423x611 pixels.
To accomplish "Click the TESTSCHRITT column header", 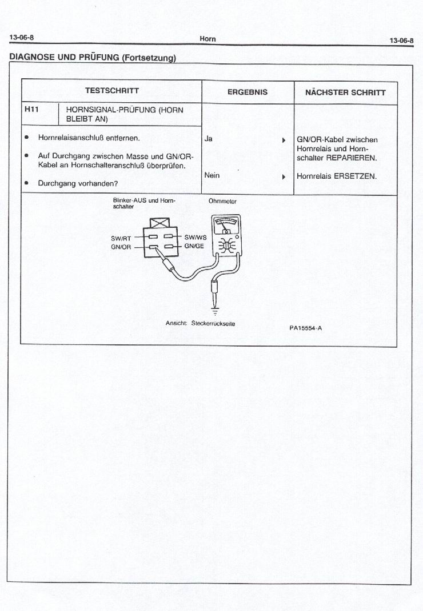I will tap(111, 91).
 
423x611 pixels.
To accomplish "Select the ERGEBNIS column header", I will tap(248, 92).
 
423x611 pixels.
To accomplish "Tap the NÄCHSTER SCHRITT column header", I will tap(345, 92).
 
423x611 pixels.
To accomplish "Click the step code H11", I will tap(31, 109).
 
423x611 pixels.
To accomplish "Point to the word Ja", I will tap(208, 138).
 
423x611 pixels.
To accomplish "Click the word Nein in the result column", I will tap(212, 176).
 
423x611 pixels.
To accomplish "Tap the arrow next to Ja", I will tap(284, 139).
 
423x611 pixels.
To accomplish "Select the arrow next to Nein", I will tap(284, 176).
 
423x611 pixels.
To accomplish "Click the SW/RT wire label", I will tap(121, 239).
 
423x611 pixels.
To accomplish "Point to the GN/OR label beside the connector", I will tap(121, 247).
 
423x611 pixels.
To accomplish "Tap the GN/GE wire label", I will tap(194, 246).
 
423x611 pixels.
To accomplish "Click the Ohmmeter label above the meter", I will tap(222, 202).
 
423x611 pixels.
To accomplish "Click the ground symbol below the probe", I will tap(216, 312).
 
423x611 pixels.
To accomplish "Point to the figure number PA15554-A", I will tap(305, 328).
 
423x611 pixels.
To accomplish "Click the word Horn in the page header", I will tap(207, 39).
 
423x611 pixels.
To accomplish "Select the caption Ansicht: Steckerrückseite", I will tap(200, 324).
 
